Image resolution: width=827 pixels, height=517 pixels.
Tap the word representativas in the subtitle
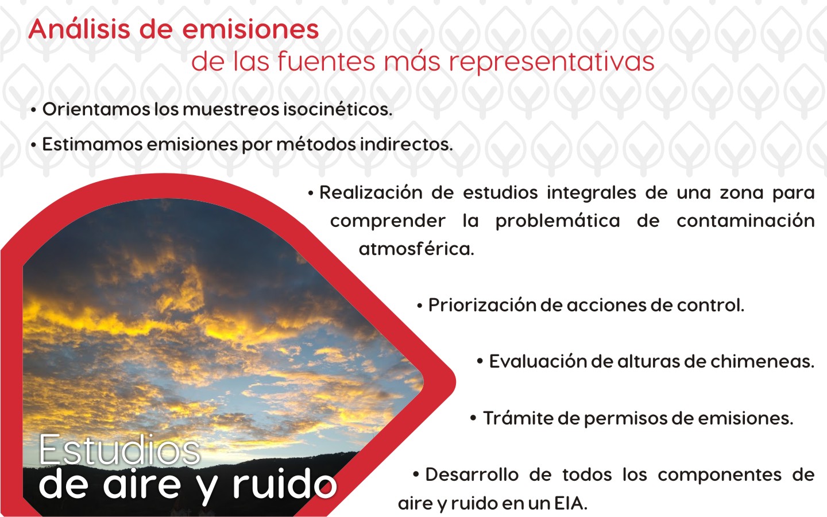551,61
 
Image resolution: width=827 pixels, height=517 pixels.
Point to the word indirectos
407,144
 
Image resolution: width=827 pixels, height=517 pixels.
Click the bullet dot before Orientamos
33,110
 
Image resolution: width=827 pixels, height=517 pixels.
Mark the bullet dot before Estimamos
33,145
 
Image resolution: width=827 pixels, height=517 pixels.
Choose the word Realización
370,192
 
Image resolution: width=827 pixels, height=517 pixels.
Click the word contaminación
746,221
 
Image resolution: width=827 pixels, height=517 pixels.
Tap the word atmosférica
416,249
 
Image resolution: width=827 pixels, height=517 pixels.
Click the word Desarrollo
472,475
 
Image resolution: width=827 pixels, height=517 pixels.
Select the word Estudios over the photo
119,450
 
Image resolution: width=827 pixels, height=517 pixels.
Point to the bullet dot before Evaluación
480,361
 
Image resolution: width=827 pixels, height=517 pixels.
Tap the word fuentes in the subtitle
326,61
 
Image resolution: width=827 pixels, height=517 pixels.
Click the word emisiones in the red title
250,29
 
